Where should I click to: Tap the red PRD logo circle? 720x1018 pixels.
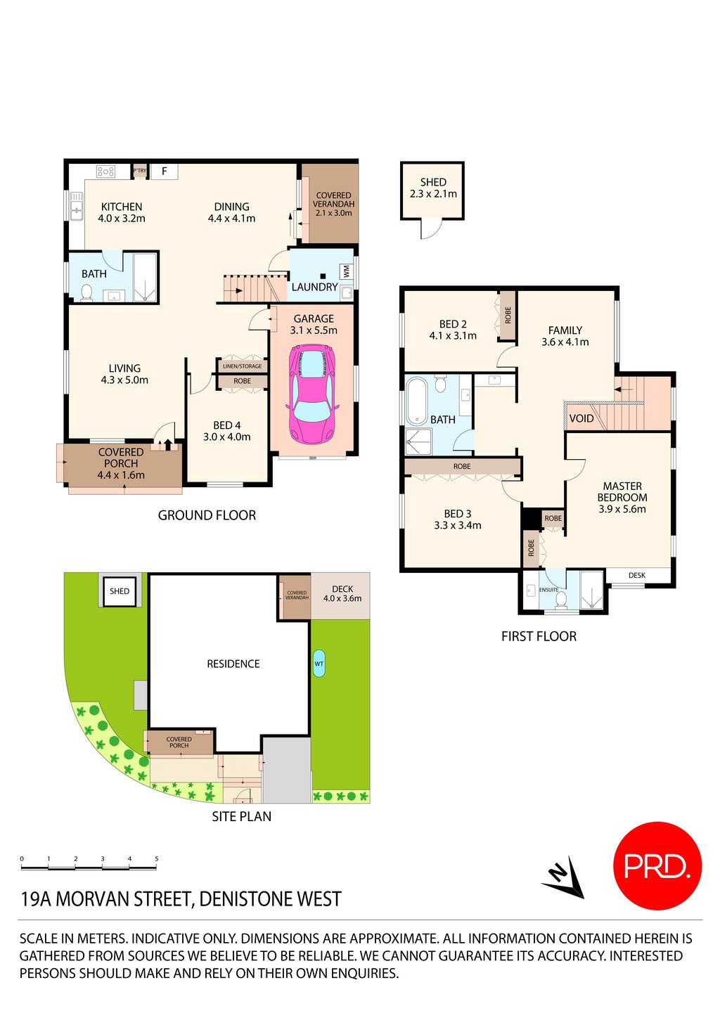point(657,866)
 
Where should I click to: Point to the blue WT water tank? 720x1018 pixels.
point(319,664)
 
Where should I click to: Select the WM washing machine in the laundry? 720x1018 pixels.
point(345,271)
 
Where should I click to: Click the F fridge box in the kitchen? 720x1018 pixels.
point(165,171)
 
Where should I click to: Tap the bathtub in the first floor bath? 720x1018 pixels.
point(416,401)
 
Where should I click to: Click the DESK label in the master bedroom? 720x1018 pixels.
point(636,576)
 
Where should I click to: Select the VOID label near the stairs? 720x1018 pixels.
point(581,418)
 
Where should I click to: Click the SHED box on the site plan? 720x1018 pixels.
point(120,591)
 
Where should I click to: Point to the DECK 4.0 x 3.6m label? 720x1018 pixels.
point(342,594)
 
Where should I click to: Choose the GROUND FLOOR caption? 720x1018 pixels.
point(207,515)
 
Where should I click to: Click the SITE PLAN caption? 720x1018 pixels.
point(242,816)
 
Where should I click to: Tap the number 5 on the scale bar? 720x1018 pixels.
point(157,859)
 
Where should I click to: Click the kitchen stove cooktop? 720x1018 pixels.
point(105,171)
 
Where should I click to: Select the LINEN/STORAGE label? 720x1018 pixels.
point(242,366)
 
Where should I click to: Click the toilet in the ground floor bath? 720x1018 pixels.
point(86,292)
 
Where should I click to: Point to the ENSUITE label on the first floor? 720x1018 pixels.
point(548,590)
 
